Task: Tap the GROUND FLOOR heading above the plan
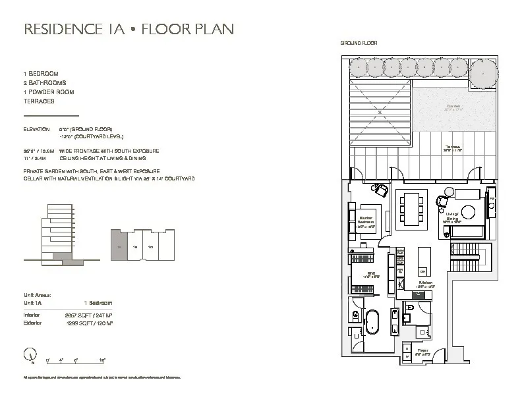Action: pos(359,43)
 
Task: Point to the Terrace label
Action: pos(451,148)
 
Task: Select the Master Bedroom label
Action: pos(366,221)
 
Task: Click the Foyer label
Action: pos(423,351)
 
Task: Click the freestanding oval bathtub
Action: pos(373,326)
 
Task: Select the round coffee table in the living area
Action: pos(468,212)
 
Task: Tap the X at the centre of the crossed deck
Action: pos(380,111)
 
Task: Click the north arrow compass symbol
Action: pos(31,358)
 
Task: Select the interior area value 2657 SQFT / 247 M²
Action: pos(88,316)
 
